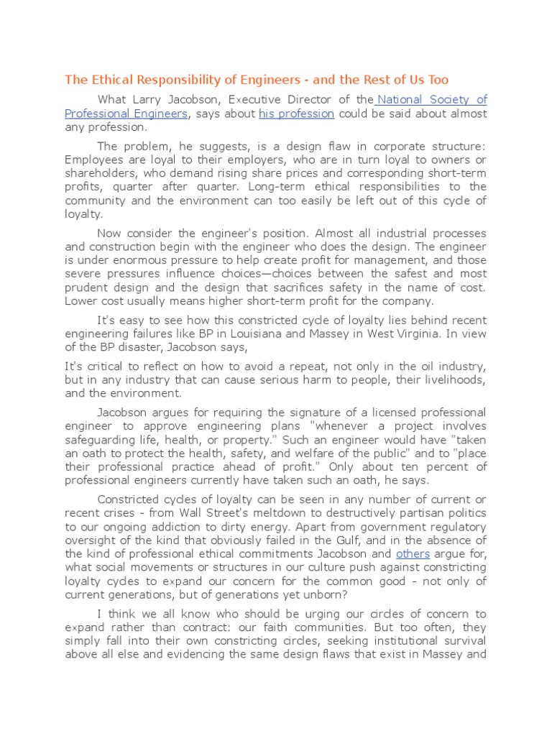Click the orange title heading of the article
pos(257,79)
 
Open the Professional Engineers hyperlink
pos(126,114)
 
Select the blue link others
pos(413,554)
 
